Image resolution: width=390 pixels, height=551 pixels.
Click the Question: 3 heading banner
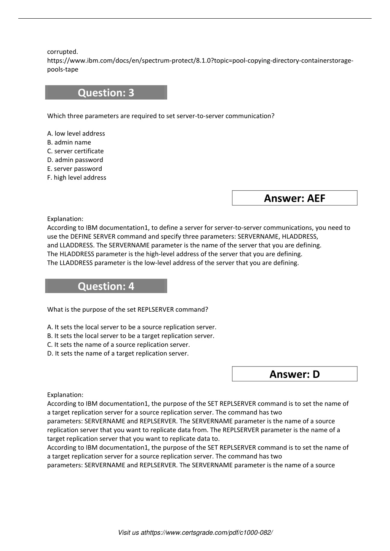pyautogui.click(x=106, y=92)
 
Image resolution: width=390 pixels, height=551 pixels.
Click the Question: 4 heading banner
pyautogui.click(x=106, y=286)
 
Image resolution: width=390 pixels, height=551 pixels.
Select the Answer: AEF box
pyautogui.click(x=294, y=198)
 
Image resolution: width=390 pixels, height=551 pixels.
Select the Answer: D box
pyautogui.click(x=294, y=374)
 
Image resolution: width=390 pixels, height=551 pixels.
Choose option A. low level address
pyautogui.click(x=76, y=134)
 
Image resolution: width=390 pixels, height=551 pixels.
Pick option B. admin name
pyautogui.click(x=69, y=142)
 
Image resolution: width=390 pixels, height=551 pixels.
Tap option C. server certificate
pyautogui.click(x=75, y=151)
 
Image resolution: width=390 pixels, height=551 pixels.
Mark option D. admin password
pyautogui.click(x=75, y=160)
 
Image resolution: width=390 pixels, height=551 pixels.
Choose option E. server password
pyautogui.click(x=75, y=169)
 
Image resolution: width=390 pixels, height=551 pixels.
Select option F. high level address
pyautogui.click(x=77, y=177)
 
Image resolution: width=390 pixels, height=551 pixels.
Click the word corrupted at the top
pyautogui.click(x=62, y=52)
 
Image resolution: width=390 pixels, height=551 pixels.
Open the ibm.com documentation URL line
pyautogui.click(x=200, y=61)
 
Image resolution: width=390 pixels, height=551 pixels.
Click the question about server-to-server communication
pyautogui.click(x=160, y=116)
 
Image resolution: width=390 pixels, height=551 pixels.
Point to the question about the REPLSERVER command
pyautogui.click(x=128, y=309)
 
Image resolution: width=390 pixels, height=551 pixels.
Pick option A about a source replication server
pyautogui.click(x=132, y=327)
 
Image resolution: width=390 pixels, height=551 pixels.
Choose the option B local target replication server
pyautogui.click(x=131, y=336)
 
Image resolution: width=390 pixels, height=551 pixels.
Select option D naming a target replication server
pyautogui.click(x=118, y=354)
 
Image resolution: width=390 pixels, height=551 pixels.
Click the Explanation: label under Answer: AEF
pyautogui.click(x=65, y=219)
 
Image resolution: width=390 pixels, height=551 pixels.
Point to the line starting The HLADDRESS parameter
pyautogui.click(x=174, y=254)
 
